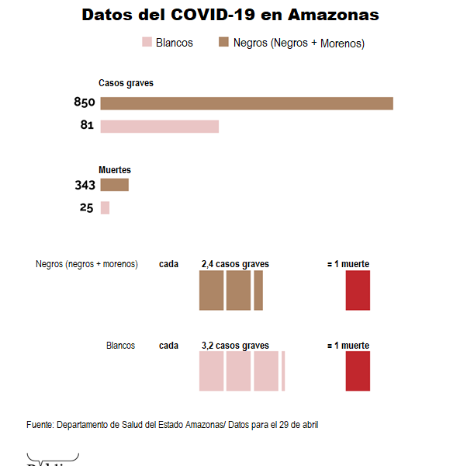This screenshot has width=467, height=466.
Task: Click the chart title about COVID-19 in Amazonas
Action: click(x=230, y=15)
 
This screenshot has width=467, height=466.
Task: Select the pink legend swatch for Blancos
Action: click(x=147, y=43)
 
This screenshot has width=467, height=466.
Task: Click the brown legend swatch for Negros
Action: click(x=223, y=43)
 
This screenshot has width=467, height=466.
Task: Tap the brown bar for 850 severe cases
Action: click(x=247, y=103)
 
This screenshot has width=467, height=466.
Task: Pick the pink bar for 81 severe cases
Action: click(x=159, y=127)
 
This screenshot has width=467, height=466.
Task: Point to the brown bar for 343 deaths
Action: click(x=114, y=185)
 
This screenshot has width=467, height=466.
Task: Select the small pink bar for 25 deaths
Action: click(x=105, y=207)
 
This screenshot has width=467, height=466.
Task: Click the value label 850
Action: click(x=84, y=103)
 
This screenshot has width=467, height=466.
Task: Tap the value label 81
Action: click(x=87, y=126)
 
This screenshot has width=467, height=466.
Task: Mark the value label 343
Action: click(x=85, y=185)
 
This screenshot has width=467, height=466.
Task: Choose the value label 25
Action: click(x=86, y=207)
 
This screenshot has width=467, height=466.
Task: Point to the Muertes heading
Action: click(x=115, y=169)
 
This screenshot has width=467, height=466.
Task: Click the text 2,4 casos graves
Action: click(x=235, y=264)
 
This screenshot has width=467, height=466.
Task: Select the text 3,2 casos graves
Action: click(x=235, y=346)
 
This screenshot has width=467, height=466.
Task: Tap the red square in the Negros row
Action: click(x=358, y=290)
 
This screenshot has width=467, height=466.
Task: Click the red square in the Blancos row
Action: click(x=358, y=370)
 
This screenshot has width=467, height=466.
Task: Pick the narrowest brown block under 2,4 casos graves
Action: click(x=258, y=290)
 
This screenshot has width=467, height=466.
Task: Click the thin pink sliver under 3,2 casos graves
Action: click(x=283, y=370)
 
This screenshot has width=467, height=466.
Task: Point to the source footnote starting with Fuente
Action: click(x=172, y=425)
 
